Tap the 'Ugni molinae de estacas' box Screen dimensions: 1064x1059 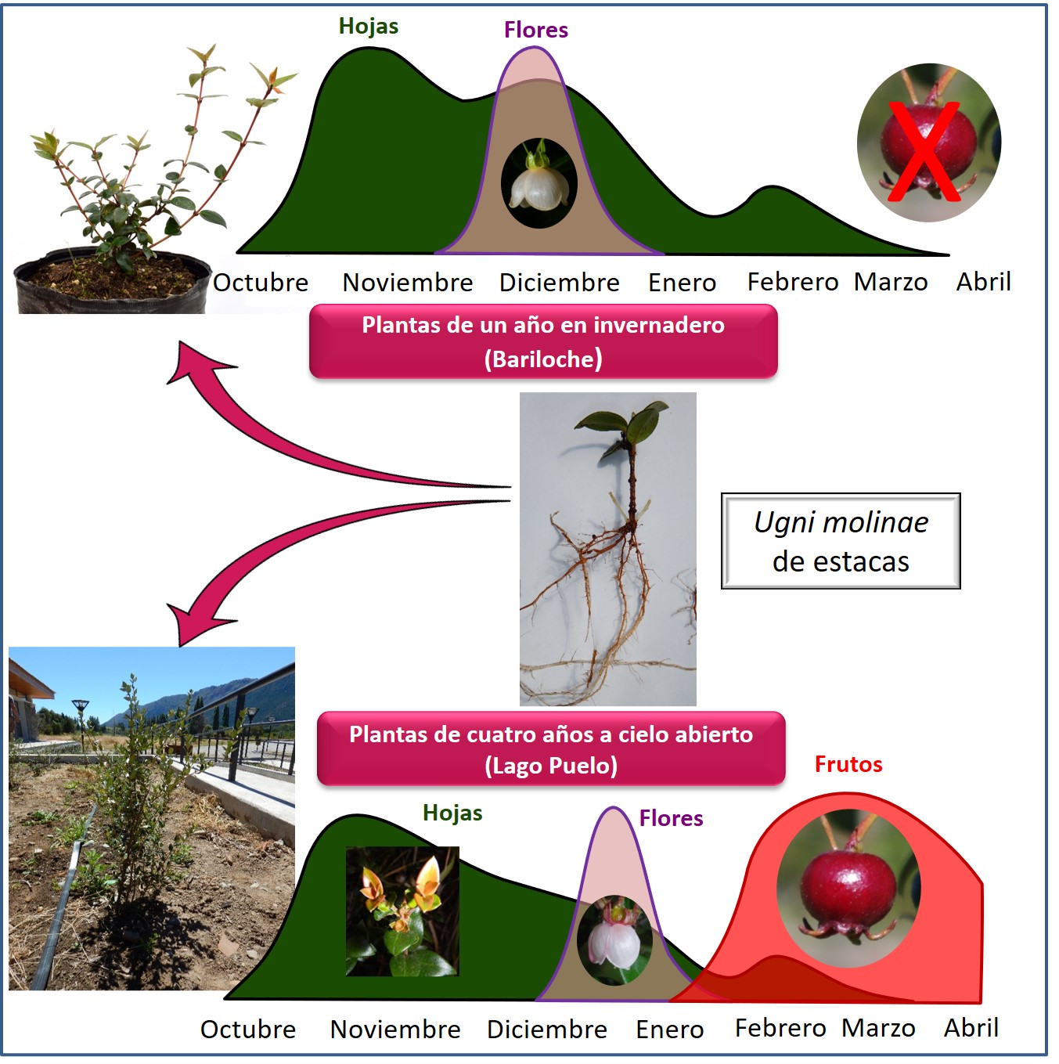840,541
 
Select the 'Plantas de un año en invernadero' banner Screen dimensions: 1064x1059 543,342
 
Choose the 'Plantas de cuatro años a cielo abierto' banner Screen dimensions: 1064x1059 551,749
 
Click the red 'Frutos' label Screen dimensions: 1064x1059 848,764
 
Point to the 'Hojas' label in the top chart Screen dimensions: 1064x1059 368,26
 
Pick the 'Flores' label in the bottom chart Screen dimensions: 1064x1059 671,818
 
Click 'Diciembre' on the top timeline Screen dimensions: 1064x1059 559,282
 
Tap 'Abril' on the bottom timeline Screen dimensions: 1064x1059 971,1027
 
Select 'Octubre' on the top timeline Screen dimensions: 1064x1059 261,282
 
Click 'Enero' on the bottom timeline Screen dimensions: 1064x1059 669,1029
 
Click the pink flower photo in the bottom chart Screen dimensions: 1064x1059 614,940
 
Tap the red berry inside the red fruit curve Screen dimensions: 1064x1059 848,889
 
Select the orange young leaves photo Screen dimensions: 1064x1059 402,911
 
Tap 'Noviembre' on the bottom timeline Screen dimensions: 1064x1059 395,1029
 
